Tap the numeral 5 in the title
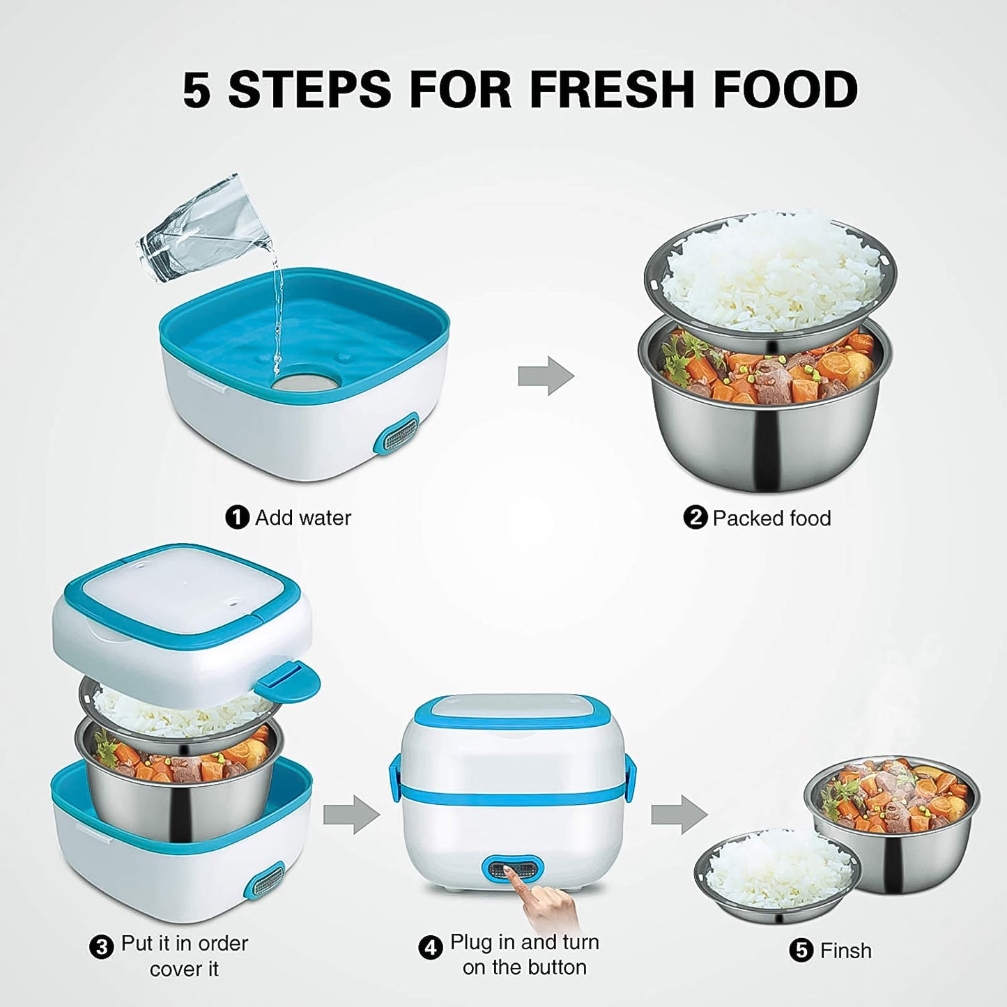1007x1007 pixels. (196, 91)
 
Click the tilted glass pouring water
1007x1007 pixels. (202, 230)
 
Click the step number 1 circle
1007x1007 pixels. (237, 518)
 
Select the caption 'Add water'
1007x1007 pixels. (302, 518)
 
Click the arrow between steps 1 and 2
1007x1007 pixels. (546, 376)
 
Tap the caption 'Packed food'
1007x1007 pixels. (771, 518)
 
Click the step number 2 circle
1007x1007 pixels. (695, 518)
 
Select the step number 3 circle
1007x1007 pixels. (102, 947)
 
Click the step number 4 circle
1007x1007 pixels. (430, 948)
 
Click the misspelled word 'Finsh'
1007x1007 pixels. (845, 951)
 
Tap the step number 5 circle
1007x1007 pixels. (801, 951)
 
